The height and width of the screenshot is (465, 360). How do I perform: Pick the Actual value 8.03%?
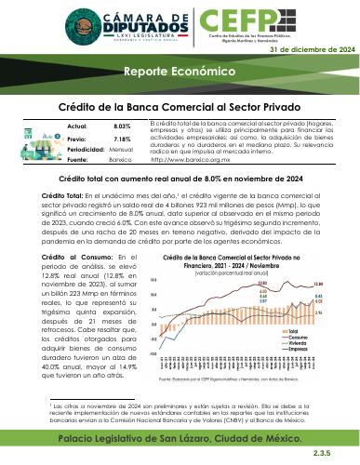[122, 125]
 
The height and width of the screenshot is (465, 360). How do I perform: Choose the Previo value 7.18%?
[122, 137]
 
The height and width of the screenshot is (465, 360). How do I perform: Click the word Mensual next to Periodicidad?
[122, 149]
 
